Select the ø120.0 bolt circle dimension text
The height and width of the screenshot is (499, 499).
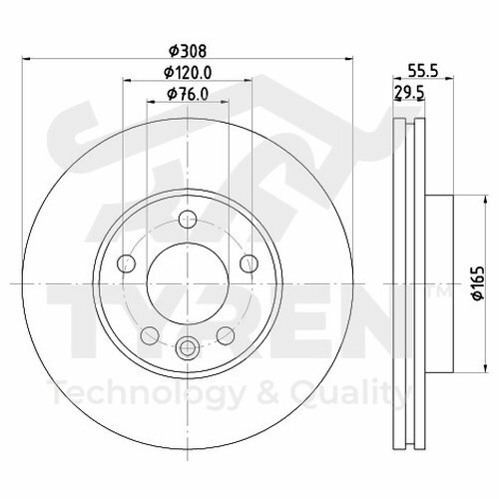coord(186,72)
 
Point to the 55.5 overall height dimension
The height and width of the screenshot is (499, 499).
coord(428,72)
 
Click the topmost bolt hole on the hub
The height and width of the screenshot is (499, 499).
coord(186,222)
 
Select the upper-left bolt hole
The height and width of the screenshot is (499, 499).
coord(126,263)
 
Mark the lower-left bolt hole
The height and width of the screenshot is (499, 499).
coord(148,333)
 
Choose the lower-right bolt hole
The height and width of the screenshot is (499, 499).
coord(225,333)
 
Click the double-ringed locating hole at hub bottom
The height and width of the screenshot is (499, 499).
coord(186,348)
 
